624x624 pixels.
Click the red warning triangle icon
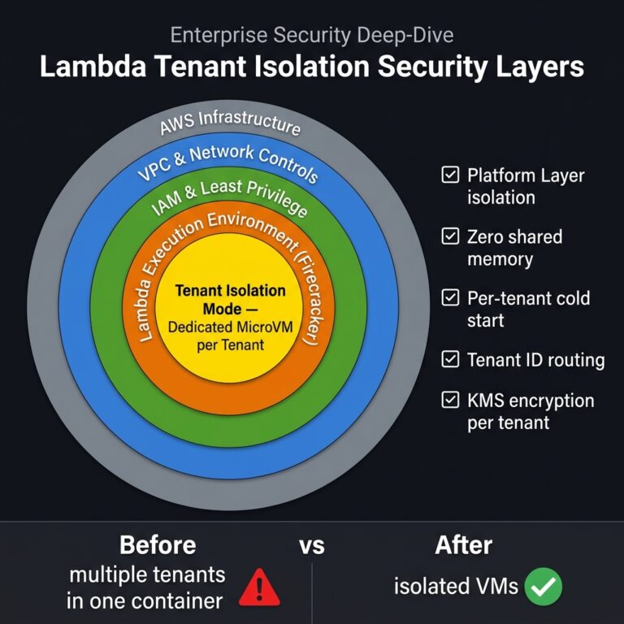(259, 587)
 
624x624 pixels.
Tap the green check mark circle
(543, 586)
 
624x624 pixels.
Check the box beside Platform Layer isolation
(449, 175)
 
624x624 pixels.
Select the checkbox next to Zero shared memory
(449, 236)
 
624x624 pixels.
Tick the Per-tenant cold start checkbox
(449, 298)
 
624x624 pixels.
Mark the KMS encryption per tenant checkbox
(449, 400)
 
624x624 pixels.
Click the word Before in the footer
(158, 544)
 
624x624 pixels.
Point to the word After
(464, 544)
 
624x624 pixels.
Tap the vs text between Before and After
(311, 545)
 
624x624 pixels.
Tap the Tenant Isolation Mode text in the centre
(230, 300)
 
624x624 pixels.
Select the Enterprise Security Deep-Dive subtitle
(311, 35)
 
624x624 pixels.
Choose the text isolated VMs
(456, 586)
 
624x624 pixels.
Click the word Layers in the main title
(543, 67)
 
